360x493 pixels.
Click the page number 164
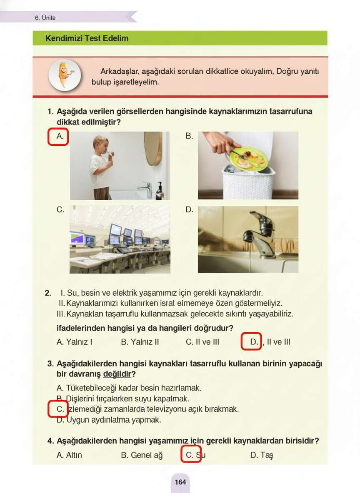180,482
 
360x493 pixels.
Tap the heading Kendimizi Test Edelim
87,38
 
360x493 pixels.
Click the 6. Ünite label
45,18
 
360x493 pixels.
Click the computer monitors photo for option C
120,239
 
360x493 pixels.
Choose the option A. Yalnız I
74,342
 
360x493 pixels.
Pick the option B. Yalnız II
140,342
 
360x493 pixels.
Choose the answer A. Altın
69,455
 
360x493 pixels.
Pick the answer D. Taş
262,455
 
